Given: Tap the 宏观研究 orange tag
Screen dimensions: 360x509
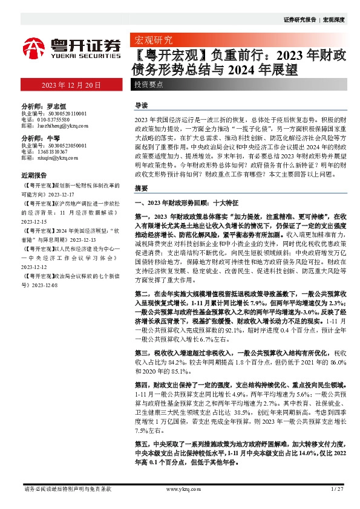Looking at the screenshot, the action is click(152, 41).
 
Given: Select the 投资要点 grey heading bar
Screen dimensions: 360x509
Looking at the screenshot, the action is click(149, 85).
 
